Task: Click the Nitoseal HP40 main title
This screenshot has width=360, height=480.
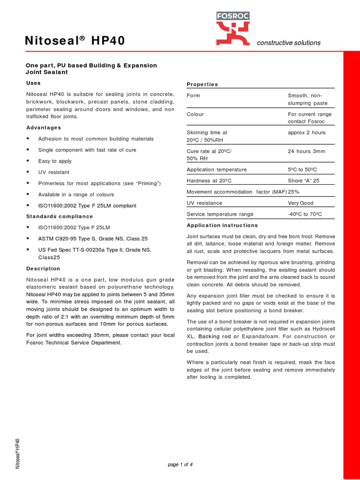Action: (x=75, y=41)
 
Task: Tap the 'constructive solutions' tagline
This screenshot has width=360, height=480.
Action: (x=288, y=43)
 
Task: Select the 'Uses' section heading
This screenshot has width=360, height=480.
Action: (x=33, y=83)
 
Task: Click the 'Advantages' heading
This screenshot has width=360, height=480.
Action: (x=43, y=127)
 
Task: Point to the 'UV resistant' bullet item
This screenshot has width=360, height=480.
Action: (x=53, y=172)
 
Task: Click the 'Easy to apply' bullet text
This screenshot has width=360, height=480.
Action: (x=55, y=161)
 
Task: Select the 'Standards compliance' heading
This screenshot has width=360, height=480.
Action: (x=59, y=217)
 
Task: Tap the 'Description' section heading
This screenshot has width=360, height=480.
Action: (x=43, y=269)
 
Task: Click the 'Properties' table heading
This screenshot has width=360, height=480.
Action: (x=202, y=84)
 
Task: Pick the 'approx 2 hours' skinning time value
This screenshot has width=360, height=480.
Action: (x=307, y=133)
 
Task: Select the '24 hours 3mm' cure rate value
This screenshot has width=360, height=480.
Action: (x=306, y=151)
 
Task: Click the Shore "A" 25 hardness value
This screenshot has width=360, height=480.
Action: (x=303, y=180)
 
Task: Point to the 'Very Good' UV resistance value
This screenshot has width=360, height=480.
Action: (x=300, y=203)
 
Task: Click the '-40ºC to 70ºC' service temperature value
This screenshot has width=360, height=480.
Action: (x=305, y=214)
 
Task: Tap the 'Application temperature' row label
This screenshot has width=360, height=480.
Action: (x=216, y=170)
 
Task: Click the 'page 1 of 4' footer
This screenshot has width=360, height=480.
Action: (x=180, y=465)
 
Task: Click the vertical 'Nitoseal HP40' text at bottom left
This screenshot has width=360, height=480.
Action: (x=17, y=453)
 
